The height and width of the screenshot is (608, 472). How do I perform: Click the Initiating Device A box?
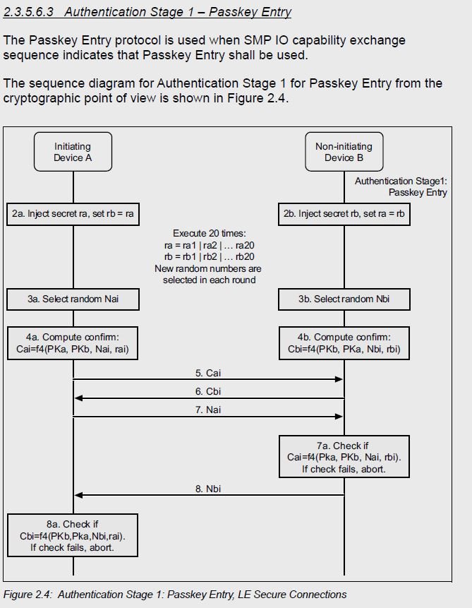(73, 152)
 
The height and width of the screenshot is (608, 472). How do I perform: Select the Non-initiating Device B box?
(344, 152)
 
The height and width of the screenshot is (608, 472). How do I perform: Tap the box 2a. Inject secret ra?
(73, 214)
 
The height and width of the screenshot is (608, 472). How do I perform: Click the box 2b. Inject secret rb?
(344, 214)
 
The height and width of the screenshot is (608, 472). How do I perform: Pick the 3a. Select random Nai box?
(73, 299)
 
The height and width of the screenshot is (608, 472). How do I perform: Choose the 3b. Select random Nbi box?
(344, 299)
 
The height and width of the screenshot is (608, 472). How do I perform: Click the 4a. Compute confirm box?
(73, 343)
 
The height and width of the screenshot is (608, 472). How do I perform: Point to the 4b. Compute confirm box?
(344, 343)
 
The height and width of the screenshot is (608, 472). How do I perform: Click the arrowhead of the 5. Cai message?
(339, 378)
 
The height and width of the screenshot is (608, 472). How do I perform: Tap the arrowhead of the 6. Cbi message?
(79, 398)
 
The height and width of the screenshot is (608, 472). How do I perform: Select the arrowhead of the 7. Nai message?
(339, 417)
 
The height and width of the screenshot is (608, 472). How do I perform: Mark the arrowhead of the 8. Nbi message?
(79, 495)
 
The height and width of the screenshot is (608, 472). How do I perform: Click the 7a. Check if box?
(344, 456)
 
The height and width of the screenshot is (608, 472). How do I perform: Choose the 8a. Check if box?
(73, 535)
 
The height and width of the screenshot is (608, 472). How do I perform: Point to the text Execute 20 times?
(210, 234)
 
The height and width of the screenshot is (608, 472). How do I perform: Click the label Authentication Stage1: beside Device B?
(401, 181)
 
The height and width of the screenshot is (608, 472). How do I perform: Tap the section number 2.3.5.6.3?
(28, 12)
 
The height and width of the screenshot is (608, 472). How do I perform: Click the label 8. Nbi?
(208, 489)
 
